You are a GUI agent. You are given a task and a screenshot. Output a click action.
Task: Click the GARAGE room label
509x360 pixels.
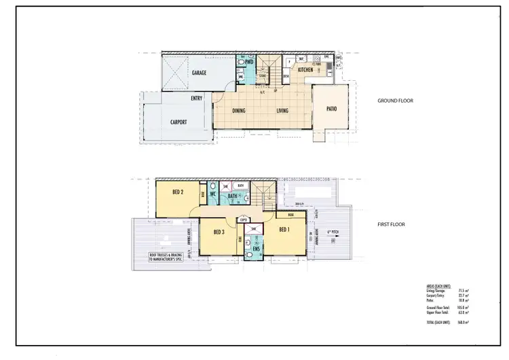tap(199, 72)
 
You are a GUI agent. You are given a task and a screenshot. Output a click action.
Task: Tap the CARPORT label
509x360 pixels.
tap(174, 122)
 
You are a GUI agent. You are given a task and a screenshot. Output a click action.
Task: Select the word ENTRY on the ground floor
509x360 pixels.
tap(197, 98)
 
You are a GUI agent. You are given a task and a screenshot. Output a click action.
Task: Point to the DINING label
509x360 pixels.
tap(239, 110)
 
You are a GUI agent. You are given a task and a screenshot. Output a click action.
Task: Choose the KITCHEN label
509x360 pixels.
tap(305, 70)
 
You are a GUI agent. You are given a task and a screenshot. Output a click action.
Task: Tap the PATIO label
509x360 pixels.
tap(332, 109)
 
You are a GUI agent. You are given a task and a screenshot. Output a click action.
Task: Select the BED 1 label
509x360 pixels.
tap(285, 228)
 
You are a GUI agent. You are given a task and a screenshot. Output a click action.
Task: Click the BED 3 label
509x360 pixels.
tap(219, 232)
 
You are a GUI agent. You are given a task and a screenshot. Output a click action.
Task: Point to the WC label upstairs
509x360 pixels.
tap(212, 195)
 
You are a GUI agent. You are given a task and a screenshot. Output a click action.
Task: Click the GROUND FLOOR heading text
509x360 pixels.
tap(395, 101)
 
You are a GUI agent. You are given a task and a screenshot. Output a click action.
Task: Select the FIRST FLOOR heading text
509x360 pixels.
tap(392, 223)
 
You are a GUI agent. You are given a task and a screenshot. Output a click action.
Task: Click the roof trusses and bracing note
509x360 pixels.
tap(166, 257)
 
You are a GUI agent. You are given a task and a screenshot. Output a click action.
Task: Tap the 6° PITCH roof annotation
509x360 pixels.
tap(332, 232)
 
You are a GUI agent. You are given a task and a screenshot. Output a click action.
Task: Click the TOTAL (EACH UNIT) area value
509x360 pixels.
tap(464, 323)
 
